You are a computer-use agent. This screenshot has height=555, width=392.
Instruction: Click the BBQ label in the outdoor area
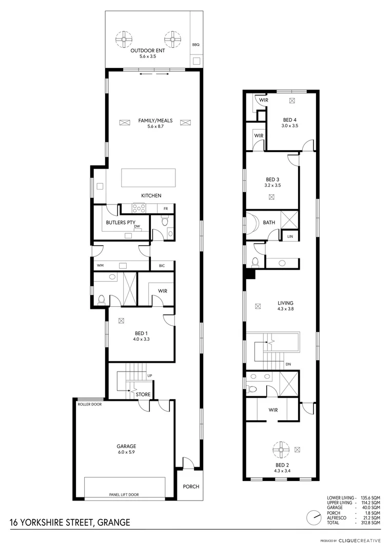pos(195,45)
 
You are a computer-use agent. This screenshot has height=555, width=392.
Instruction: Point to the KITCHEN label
pos(151,195)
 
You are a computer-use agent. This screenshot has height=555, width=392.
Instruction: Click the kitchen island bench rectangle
pos(148,178)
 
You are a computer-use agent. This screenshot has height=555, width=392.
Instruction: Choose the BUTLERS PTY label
pos(119,223)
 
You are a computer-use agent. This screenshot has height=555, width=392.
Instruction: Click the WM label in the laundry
pos(101,265)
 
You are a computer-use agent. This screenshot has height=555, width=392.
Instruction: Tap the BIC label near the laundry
pos(162,265)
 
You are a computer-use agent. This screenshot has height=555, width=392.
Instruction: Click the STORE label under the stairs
pos(143,395)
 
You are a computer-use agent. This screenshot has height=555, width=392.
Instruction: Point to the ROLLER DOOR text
pos(90,404)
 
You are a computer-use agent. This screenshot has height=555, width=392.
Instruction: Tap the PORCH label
pos(191,486)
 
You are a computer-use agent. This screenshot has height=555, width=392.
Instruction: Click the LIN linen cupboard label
pos(290,236)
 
